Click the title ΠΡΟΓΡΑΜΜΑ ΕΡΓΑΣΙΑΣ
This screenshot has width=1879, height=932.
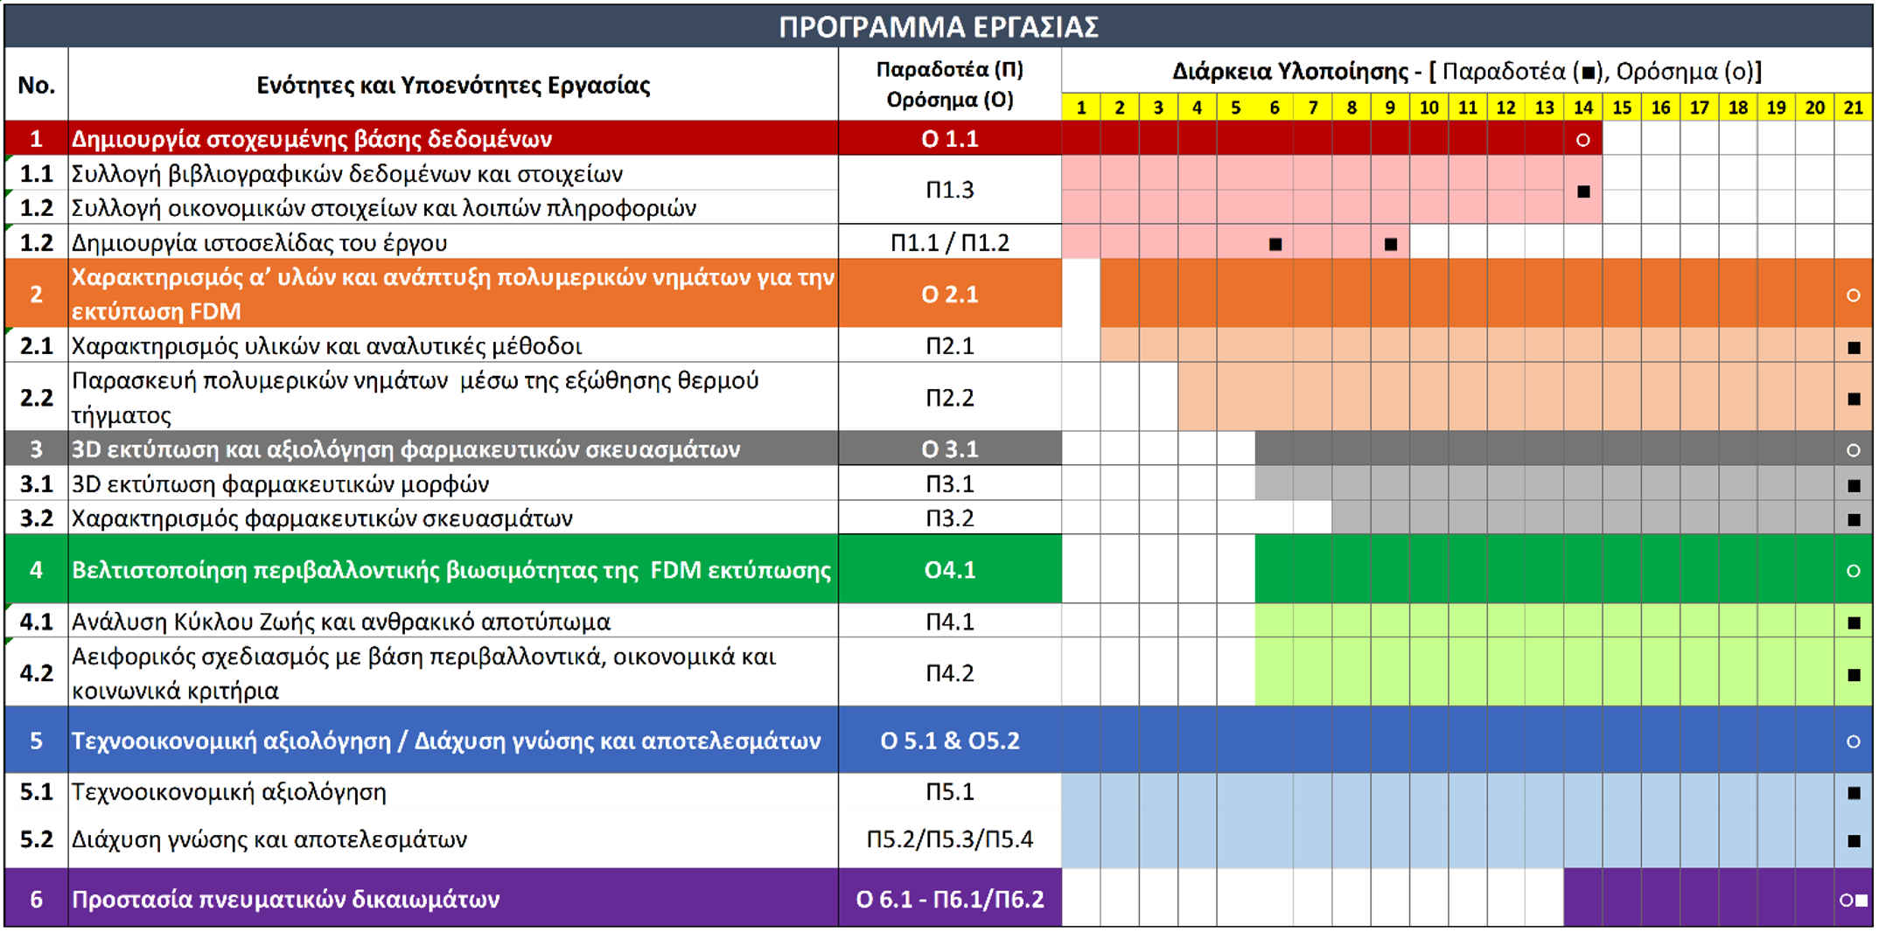click(x=938, y=26)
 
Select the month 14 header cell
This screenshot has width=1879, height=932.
click(x=1582, y=108)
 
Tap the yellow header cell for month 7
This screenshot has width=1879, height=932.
click(x=1312, y=108)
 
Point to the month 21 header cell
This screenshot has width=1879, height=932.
click(x=1853, y=108)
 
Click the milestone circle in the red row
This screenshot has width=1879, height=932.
click(x=1582, y=140)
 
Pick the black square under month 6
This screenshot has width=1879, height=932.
click(x=1275, y=244)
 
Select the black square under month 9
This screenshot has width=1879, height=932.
click(x=1391, y=244)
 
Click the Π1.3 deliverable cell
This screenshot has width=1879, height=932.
click(x=949, y=190)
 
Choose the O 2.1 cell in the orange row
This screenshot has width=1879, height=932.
click(x=949, y=294)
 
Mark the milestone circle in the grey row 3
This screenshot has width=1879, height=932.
click(x=1853, y=450)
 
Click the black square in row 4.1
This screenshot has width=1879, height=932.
click(x=1853, y=622)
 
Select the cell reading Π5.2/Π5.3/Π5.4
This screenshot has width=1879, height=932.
click(x=949, y=839)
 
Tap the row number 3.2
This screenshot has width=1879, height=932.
click(x=36, y=518)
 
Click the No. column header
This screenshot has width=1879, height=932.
click(x=36, y=85)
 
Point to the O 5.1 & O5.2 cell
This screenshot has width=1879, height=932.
click(x=949, y=741)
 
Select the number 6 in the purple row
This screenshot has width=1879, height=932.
click(x=36, y=899)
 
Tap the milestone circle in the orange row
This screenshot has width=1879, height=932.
click(x=1853, y=296)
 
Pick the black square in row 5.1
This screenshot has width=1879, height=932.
click(x=1853, y=793)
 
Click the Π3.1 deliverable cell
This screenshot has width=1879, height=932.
click(x=949, y=483)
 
